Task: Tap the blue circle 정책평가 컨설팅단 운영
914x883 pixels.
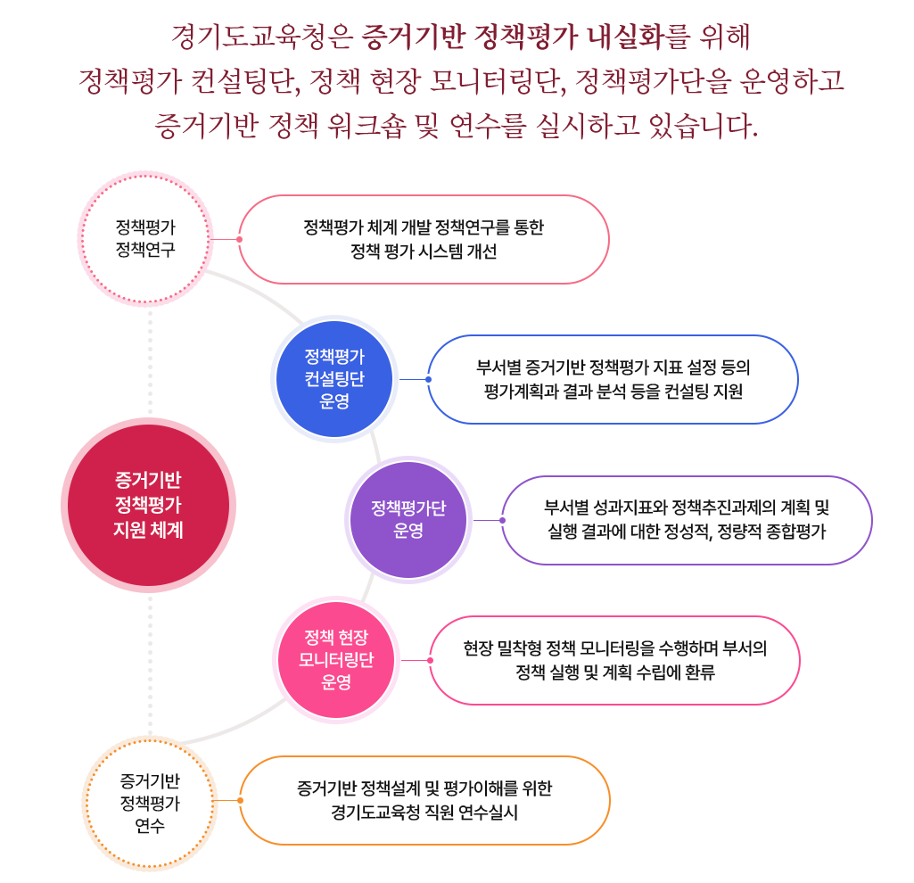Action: (x=334, y=378)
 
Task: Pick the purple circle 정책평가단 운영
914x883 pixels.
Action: (x=408, y=519)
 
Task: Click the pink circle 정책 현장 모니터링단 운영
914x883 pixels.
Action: (x=336, y=660)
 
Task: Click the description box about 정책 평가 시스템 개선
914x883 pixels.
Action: (x=424, y=239)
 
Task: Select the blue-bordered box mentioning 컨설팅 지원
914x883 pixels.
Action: (x=613, y=379)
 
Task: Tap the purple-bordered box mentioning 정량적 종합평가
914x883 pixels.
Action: (x=687, y=520)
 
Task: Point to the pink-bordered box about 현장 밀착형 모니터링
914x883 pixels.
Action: (x=614, y=660)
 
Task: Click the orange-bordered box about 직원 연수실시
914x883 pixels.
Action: (x=424, y=800)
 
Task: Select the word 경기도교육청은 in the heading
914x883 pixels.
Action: (x=262, y=38)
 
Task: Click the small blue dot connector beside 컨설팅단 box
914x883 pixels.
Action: (x=429, y=379)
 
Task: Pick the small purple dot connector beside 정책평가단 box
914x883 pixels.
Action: (x=503, y=520)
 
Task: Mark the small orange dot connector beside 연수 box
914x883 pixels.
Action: (x=241, y=800)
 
